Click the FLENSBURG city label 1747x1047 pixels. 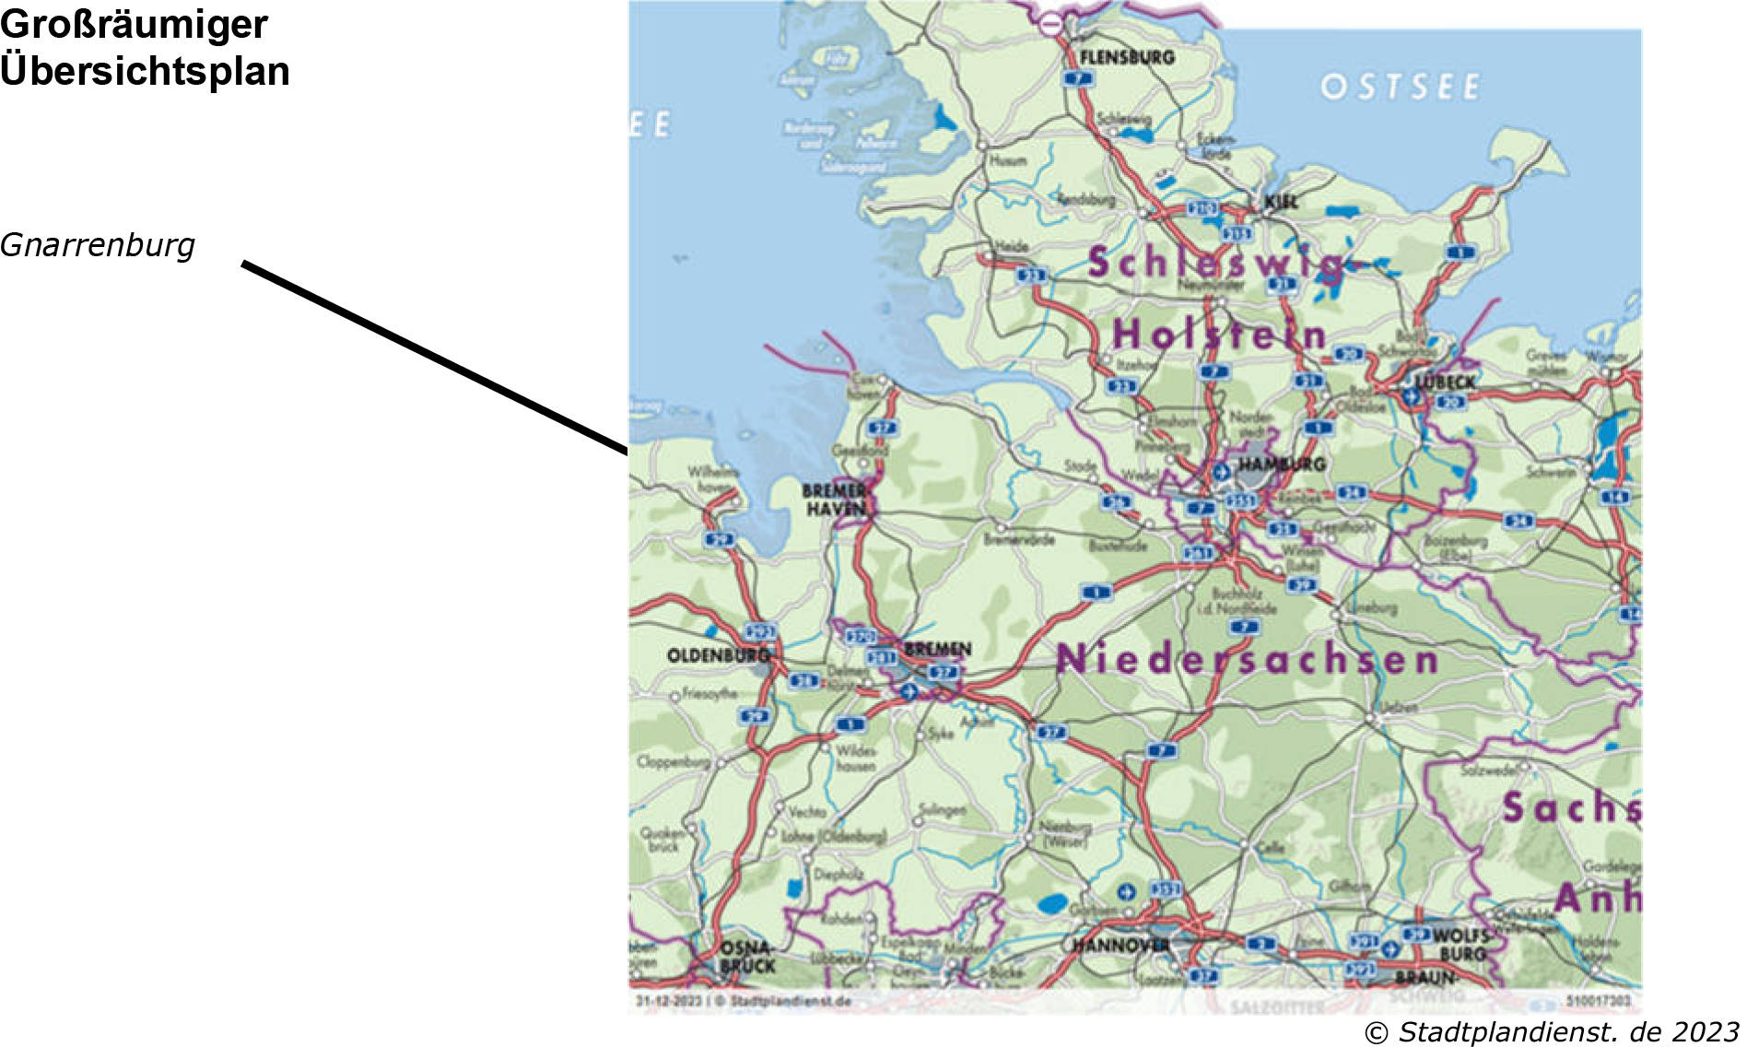1126,57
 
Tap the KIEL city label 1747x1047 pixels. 1281,201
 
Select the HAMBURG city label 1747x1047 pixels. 1281,464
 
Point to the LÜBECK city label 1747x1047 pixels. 1445,382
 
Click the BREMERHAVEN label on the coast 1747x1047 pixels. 834,500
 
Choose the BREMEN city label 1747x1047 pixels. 937,649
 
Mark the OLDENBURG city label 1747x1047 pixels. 718,655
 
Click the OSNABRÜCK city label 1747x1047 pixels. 747,958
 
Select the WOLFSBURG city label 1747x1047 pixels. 1460,944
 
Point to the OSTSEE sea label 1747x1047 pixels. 1400,87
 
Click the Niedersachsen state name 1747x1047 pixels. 1247,659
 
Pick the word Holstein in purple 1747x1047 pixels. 1218,334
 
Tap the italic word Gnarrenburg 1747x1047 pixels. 98,245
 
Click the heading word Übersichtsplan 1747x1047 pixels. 145,71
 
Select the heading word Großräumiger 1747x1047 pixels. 134,24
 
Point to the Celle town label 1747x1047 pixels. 1270,847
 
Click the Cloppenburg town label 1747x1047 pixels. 674,762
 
